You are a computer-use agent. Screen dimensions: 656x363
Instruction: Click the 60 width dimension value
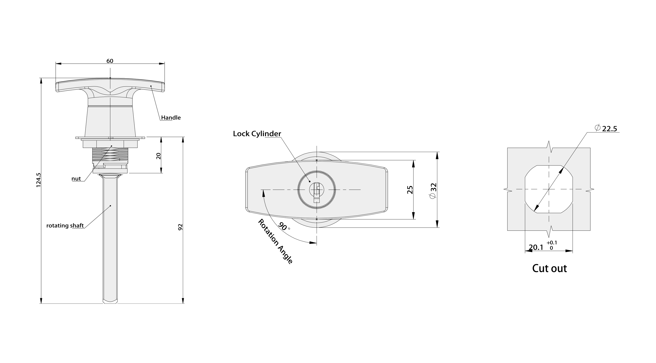pos(110,61)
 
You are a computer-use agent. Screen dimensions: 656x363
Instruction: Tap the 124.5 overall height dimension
pos(38,180)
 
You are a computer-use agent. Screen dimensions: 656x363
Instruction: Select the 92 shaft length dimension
pos(180,227)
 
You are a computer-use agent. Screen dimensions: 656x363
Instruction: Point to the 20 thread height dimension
pos(158,156)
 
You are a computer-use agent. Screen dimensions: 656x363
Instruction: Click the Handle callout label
pos(171,118)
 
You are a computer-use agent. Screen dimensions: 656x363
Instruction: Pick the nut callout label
pos(76,179)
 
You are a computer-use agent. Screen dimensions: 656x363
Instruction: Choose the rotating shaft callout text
pos(65,226)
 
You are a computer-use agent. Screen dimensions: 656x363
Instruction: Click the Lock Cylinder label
pos(257,134)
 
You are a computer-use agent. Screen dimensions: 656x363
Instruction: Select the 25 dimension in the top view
pos(410,190)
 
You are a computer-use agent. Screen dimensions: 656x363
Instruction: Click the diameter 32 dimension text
pos(433,191)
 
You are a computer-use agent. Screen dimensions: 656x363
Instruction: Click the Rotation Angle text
pos(275,241)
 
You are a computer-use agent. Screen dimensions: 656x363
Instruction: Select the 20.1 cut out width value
pos(536,247)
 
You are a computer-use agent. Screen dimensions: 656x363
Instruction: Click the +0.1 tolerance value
pos(552,243)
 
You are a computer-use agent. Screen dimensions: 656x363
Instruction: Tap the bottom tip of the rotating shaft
pos(110,303)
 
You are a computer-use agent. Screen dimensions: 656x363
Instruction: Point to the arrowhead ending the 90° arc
pos(313,243)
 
